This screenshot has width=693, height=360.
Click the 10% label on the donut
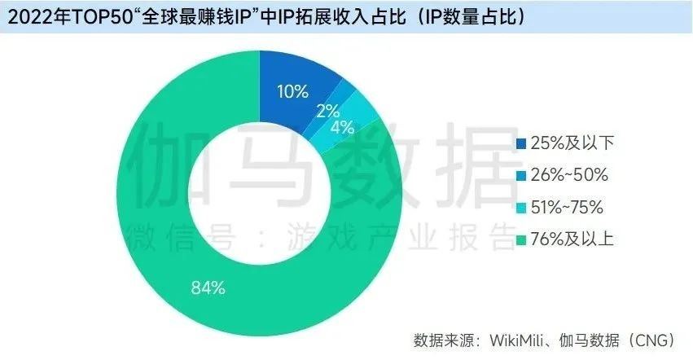pyautogui.click(x=292, y=90)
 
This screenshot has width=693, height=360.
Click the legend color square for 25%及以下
pyautogui.click(x=521, y=144)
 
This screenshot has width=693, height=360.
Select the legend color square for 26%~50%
pyautogui.click(x=521, y=176)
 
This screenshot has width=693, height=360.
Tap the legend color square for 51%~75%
pyautogui.click(x=521, y=208)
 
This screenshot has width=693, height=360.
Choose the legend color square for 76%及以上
pyautogui.click(x=521, y=239)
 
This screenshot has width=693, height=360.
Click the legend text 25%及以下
pyautogui.click(x=571, y=144)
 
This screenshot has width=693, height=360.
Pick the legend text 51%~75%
pyautogui.click(x=567, y=208)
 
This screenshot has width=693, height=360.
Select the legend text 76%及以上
pyautogui.click(x=571, y=239)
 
